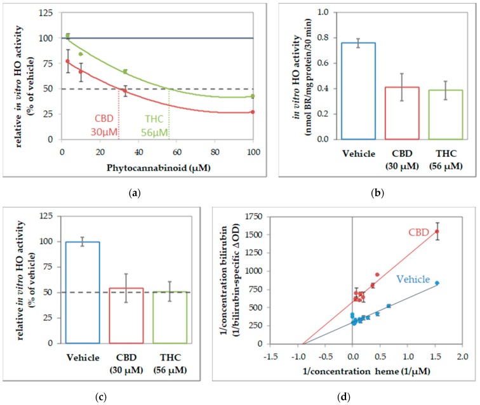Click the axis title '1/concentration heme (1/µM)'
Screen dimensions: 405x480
[x=379, y=368]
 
